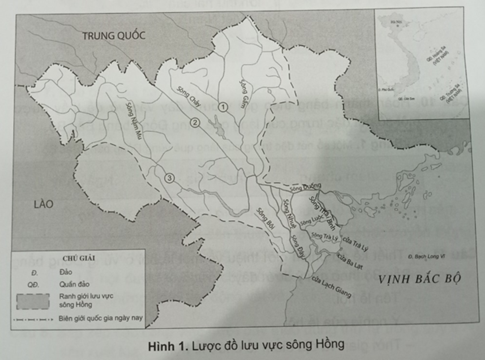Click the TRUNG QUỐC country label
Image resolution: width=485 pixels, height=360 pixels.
[x=113, y=35]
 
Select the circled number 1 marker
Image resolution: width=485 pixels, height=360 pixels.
[x=224, y=107]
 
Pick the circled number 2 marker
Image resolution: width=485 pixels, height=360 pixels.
[x=195, y=123]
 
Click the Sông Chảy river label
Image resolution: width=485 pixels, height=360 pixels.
[x=189, y=97]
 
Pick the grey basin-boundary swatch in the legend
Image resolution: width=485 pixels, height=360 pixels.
[x=33, y=301]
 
